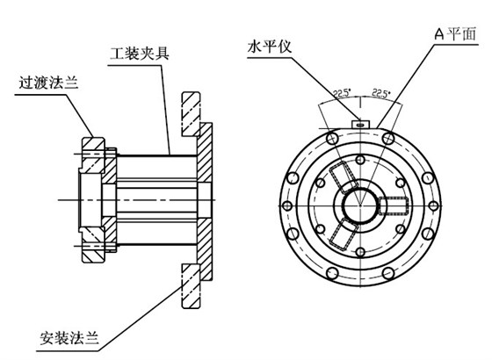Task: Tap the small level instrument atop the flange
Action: [360, 125]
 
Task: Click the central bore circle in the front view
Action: [359, 204]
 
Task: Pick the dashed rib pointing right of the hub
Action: [394, 205]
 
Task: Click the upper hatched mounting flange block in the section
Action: [191, 110]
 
